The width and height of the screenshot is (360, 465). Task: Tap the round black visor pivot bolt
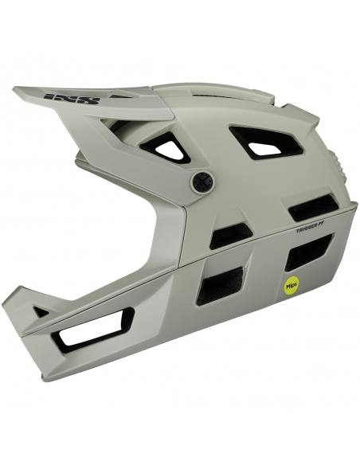click(x=200, y=181)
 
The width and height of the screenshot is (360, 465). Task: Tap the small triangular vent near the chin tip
click(x=41, y=311)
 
